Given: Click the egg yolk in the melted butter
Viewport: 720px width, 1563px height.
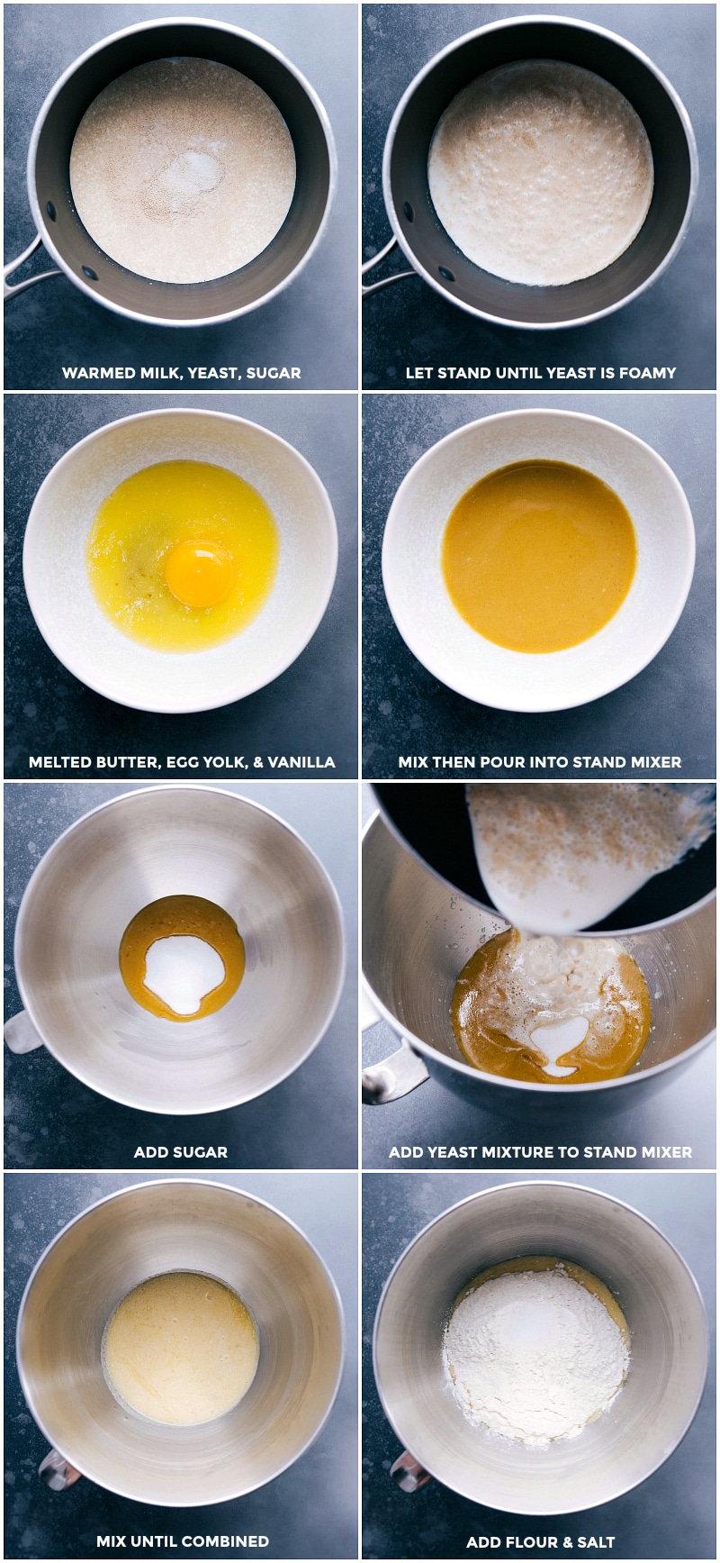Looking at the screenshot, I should tap(199, 572).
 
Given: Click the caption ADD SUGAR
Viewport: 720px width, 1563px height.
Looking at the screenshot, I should tap(180, 1151).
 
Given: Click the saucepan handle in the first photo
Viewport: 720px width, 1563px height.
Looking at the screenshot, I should tap(22, 274).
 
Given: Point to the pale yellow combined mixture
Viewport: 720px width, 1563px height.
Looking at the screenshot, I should tap(180, 1347).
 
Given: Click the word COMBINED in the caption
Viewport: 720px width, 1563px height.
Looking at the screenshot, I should tap(225, 1541).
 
